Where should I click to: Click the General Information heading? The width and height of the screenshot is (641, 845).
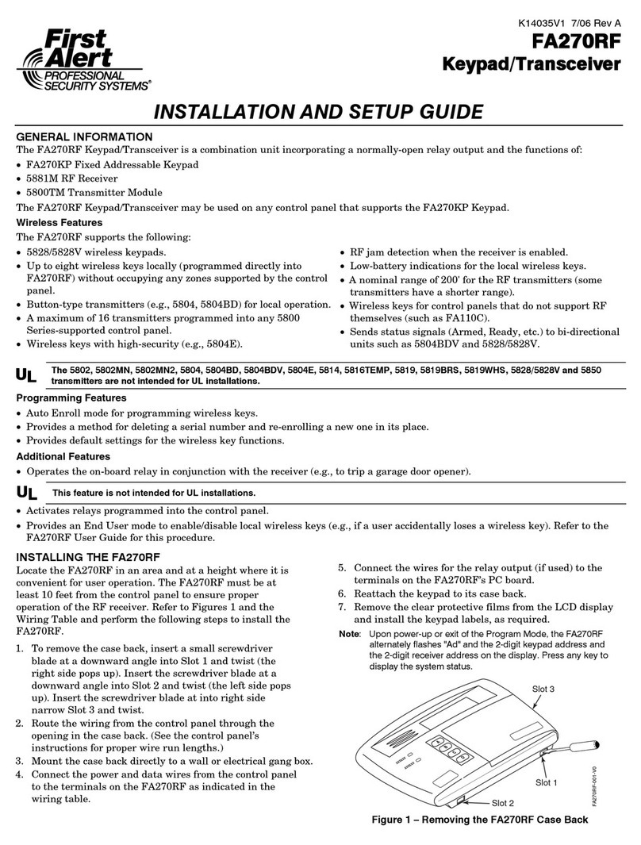(x=84, y=136)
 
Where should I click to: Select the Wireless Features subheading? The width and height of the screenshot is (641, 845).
(x=59, y=223)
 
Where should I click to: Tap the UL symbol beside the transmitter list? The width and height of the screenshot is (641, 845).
(x=26, y=375)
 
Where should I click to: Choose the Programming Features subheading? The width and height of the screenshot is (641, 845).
(x=71, y=398)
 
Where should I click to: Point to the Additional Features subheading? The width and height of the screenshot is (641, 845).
(x=63, y=456)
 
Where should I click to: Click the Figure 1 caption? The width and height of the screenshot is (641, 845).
(x=480, y=820)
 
